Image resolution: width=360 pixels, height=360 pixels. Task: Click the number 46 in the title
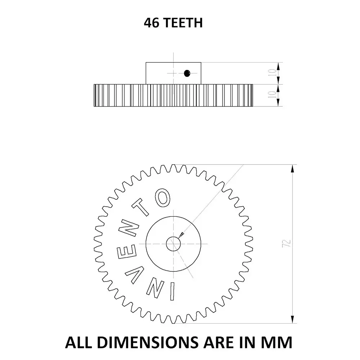tap(151, 23)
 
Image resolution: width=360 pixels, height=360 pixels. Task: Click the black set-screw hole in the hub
tap(186, 73)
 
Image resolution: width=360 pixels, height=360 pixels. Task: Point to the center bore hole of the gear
tap(173, 244)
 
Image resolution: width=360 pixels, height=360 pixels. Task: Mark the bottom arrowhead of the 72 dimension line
tap(293, 320)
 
